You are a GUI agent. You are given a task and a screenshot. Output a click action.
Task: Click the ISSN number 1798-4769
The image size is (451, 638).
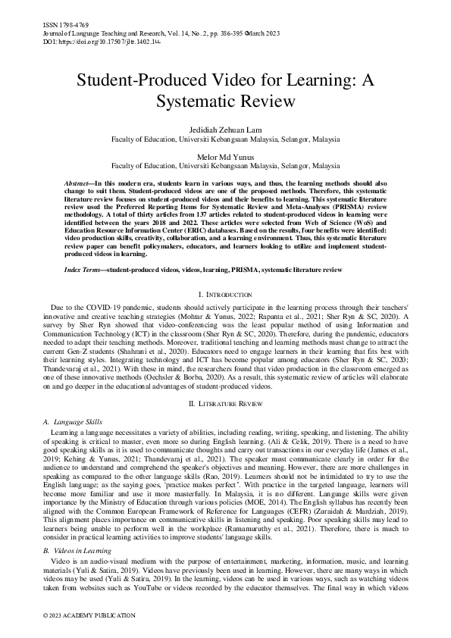coord(64,25)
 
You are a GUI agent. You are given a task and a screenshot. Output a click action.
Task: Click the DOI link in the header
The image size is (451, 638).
coord(102,42)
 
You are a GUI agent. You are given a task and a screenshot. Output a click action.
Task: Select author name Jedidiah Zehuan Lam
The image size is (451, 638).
coord(225,131)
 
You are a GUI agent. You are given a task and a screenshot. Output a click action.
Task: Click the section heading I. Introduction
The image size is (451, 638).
coord(225,293)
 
